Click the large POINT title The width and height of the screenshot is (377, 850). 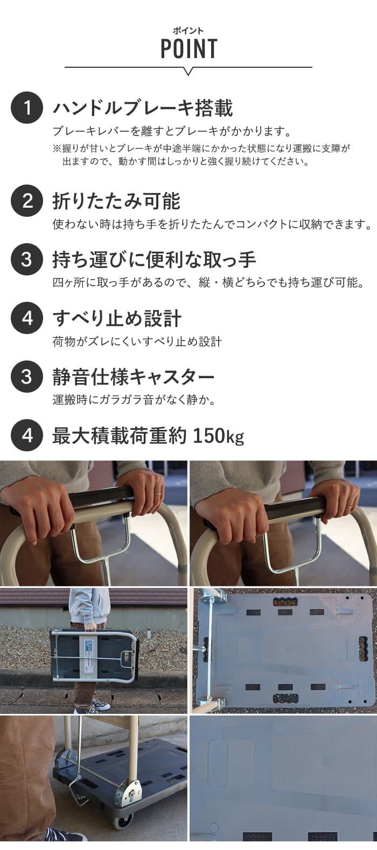(x=189, y=48)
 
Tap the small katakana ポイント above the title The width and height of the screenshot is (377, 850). (x=188, y=31)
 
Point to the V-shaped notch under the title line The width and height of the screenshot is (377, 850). (x=188, y=71)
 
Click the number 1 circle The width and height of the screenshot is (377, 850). (x=26, y=108)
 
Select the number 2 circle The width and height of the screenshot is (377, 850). (x=26, y=201)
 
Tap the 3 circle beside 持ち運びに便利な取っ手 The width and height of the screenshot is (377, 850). (x=26, y=259)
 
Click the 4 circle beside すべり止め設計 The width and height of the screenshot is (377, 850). (x=26, y=318)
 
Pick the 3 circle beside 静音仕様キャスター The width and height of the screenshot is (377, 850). (x=26, y=377)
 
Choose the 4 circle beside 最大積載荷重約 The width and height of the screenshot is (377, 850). (x=26, y=435)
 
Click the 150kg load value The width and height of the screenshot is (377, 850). (x=219, y=436)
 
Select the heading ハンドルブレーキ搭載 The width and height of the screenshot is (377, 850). (x=143, y=108)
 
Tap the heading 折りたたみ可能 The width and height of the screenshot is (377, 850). (x=116, y=201)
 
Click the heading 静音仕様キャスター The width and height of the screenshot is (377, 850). (x=134, y=377)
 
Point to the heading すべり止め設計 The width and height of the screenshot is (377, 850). (x=117, y=318)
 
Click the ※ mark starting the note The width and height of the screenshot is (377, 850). (x=57, y=148)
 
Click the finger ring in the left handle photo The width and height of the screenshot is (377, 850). (x=158, y=493)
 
